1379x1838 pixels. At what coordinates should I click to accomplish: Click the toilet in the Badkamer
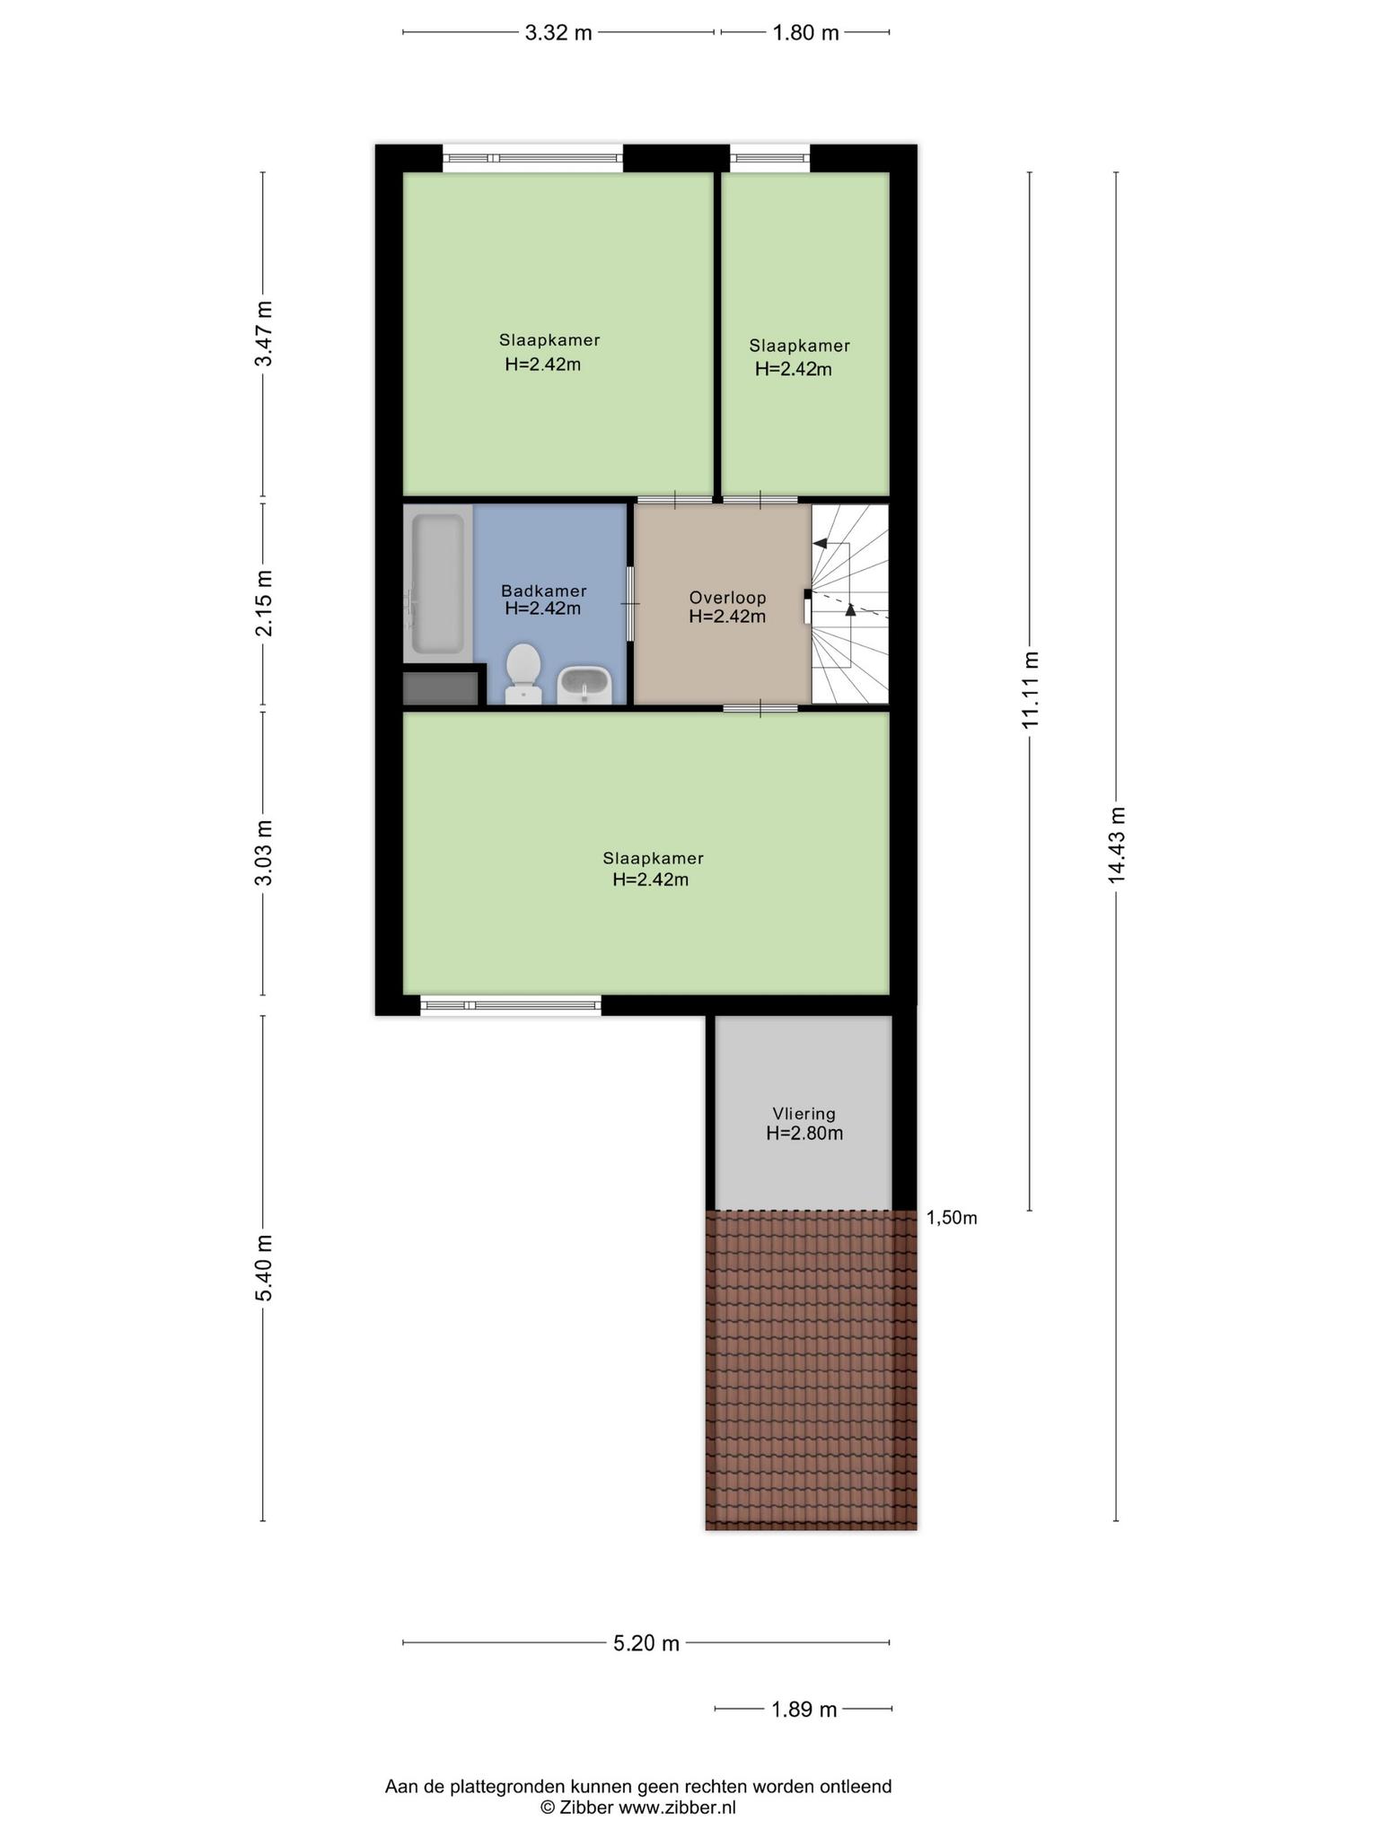523,674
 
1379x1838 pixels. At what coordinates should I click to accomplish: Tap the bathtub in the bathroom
437,583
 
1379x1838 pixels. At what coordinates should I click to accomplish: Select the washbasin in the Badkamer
584,686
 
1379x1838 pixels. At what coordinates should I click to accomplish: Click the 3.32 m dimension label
558,33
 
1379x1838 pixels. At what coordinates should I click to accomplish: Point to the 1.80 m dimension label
806,33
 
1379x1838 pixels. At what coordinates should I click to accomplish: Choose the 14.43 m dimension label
1117,845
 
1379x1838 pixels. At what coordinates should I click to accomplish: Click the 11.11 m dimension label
1031,690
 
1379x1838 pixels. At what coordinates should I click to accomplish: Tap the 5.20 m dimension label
646,1643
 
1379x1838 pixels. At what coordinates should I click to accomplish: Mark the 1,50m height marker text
952,1218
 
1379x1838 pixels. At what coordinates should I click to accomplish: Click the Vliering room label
804,1114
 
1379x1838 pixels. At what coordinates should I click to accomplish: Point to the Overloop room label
727,598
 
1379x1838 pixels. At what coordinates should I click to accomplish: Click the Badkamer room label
544,591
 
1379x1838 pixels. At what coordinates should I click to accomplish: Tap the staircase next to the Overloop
850,604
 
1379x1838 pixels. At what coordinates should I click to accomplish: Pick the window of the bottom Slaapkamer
511,1006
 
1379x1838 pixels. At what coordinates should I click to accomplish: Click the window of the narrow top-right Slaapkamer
770,159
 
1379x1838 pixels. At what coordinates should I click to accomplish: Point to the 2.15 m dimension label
264,603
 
